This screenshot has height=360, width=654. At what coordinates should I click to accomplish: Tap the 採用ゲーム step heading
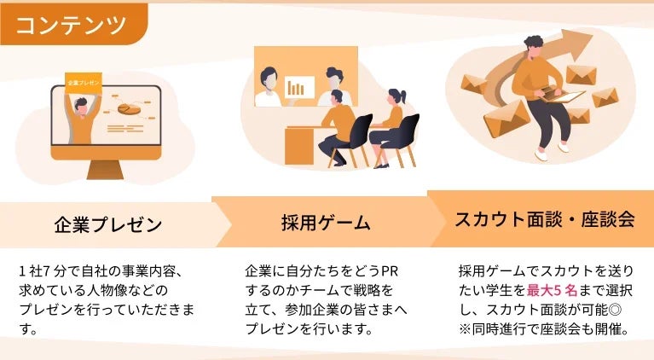326,224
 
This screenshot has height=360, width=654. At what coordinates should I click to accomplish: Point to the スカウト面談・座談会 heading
545,219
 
